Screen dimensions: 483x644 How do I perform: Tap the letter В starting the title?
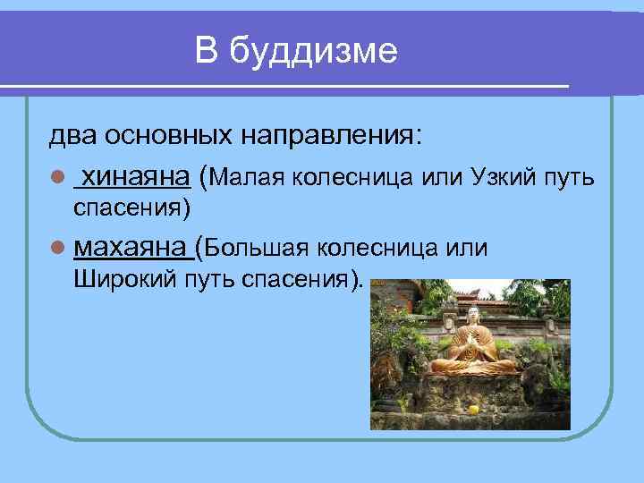207,51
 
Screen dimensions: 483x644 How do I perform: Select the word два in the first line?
73,137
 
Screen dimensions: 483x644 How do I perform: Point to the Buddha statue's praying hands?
468,341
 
